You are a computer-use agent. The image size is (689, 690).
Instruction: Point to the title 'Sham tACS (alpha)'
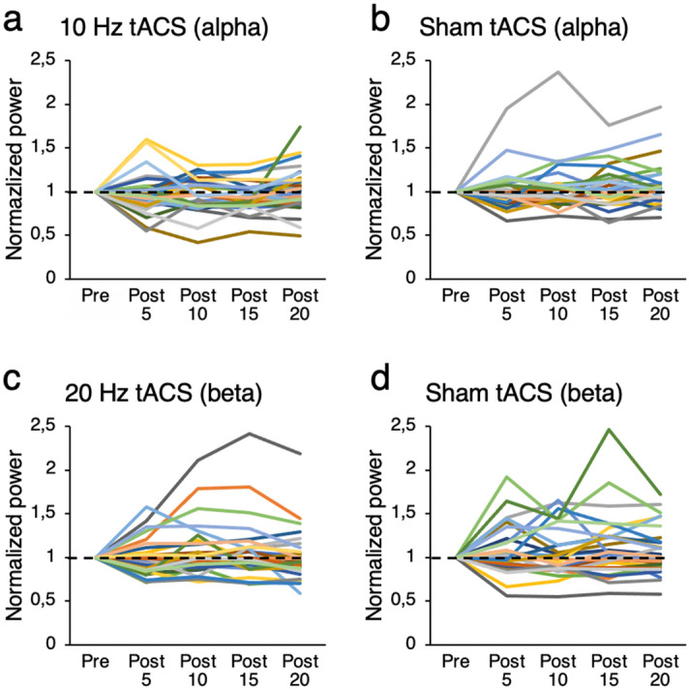504,25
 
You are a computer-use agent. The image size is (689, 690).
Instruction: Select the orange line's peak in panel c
247,487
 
